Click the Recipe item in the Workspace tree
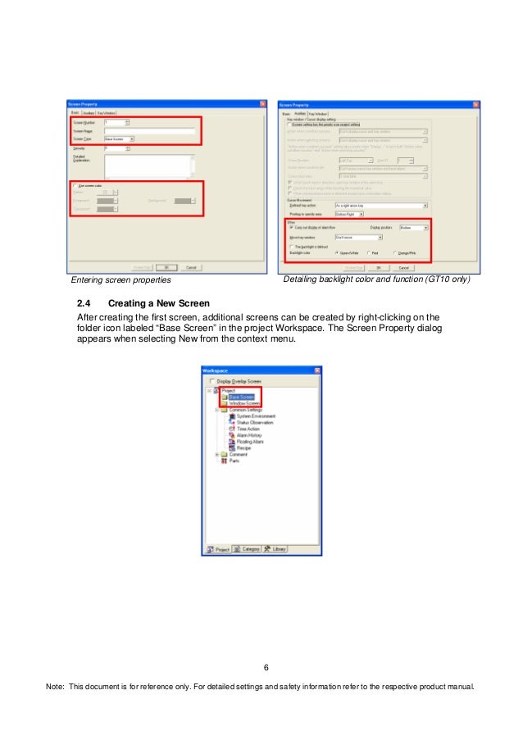click(244, 448)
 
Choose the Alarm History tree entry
click(249, 435)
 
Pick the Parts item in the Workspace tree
click(234, 461)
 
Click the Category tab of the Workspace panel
click(247, 549)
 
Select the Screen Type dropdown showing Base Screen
click(119, 139)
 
